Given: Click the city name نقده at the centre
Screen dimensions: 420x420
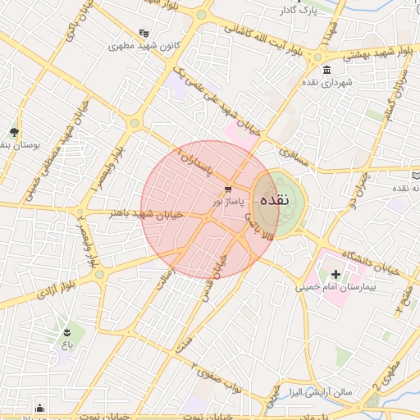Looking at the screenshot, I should [x=274, y=199].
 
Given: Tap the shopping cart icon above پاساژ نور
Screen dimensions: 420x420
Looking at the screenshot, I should [x=216, y=189].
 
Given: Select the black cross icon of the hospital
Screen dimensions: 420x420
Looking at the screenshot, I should [x=336, y=273].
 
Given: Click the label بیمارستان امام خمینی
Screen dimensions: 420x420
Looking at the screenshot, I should [x=336, y=287].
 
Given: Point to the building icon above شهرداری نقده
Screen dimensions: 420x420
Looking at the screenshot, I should [x=327, y=70].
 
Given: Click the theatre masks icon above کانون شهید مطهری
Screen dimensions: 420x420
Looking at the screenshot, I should [x=144, y=33].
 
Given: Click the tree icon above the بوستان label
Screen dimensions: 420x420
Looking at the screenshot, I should [x=14, y=131].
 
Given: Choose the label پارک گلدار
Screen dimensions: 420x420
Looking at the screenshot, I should [x=297, y=10].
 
